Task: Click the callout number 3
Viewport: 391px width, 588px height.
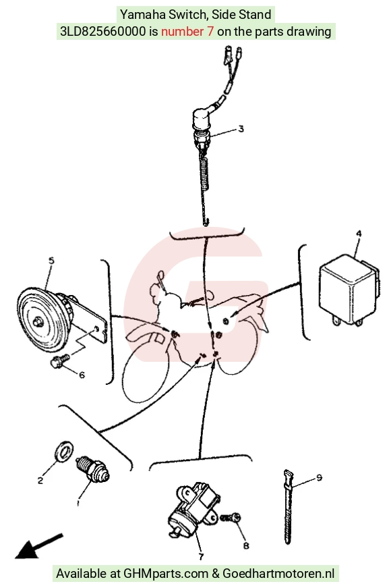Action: tap(241, 129)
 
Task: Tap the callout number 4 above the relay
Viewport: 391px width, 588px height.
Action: tap(359, 234)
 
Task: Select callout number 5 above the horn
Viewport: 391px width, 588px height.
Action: tap(51, 261)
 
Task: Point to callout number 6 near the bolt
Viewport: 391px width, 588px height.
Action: tap(82, 375)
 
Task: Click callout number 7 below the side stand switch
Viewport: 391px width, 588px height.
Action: tap(201, 556)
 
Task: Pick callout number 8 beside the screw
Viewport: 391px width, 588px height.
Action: tap(245, 545)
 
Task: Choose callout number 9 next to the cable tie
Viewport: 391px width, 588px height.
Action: tap(319, 478)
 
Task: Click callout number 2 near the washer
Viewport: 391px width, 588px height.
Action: tap(40, 480)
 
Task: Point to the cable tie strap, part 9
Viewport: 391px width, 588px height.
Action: tap(288, 506)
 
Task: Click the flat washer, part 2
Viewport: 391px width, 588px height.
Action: tap(64, 451)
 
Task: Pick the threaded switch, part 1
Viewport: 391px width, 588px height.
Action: tap(92, 469)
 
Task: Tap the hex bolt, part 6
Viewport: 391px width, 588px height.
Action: tap(60, 360)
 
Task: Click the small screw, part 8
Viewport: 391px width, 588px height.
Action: tap(231, 518)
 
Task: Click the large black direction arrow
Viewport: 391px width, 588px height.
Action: tap(38, 546)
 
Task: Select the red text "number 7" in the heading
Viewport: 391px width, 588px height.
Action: tap(187, 31)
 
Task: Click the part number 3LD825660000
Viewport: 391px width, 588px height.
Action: tap(102, 31)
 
